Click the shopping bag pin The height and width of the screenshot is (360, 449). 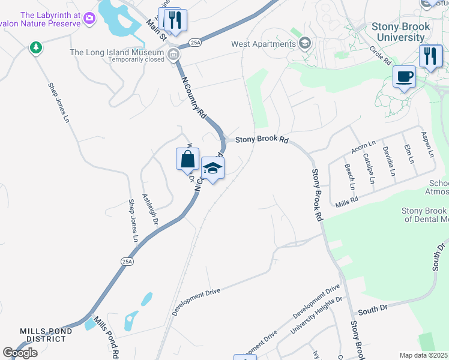coord(188,159)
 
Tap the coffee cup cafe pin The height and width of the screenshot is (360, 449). coord(404,76)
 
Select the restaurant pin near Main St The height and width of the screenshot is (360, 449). coord(175,20)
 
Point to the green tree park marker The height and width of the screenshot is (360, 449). coord(36,47)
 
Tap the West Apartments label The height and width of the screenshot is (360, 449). coord(264,43)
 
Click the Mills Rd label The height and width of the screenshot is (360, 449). coord(347,202)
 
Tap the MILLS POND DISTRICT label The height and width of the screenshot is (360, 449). coord(46,335)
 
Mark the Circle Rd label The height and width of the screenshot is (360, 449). coord(380,56)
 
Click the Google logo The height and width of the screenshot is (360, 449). coord(20,353)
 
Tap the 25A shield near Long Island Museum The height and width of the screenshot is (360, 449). coord(194,43)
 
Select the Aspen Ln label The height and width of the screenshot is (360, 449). coord(427,145)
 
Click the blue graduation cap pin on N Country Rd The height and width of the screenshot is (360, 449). coord(212,168)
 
